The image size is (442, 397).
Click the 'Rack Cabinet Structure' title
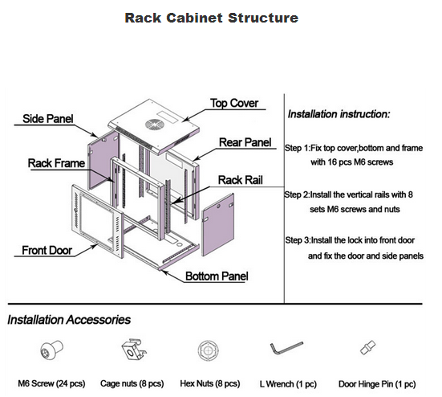(x=212, y=18)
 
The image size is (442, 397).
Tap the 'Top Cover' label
(x=234, y=103)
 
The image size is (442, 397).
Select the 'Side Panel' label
(x=47, y=119)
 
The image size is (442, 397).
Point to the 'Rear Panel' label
(x=245, y=142)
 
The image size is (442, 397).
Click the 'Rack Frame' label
(x=56, y=163)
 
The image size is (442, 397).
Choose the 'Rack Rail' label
(x=241, y=180)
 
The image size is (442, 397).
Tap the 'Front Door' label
(x=47, y=251)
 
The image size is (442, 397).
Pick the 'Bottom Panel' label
(x=217, y=276)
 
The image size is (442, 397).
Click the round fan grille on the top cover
(x=154, y=125)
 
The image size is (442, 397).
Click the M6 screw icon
(x=51, y=350)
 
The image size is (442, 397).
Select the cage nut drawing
(x=134, y=350)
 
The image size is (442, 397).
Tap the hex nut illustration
(x=209, y=350)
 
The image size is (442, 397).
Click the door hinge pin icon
(x=368, y=348)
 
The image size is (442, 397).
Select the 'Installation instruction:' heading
(x=339, y=114)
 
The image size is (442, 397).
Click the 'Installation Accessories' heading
(x=69, y=320)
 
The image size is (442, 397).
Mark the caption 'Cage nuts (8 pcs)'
(x=132, y=383)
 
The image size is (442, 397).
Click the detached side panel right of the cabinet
(x=218, y=225)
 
